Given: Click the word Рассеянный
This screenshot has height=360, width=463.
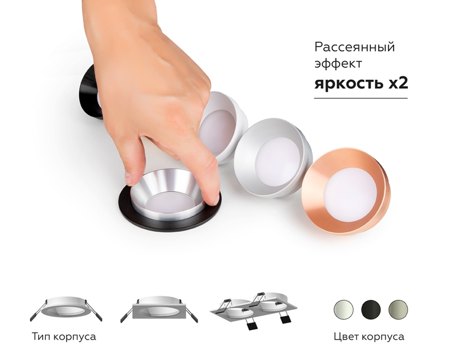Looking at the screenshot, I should pyautogui.click(x=354, y=47).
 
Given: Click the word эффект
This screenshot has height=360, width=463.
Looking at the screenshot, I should pyautogui.click(x=339, y=65).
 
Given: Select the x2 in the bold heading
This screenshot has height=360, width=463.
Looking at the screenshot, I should pyautogui.click(x=398, y=83).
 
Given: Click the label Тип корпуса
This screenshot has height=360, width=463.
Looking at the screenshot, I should pyautogui.click(x=64, y=337).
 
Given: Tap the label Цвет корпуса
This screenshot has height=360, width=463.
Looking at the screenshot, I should pyautogui.click(x=369, y=337).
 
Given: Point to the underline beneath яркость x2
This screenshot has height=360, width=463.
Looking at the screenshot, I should pyautogui.click(x=361, y=98).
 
